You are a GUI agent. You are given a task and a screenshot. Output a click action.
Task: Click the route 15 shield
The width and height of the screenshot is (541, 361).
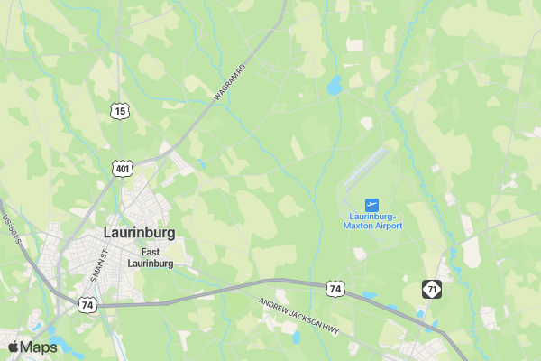click(x=121, y=111)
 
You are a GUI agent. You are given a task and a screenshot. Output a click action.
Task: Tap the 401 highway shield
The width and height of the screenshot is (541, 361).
click(x=122, y=168)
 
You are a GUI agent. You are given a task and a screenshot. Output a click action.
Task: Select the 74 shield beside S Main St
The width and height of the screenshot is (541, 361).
click(x=87, y=305)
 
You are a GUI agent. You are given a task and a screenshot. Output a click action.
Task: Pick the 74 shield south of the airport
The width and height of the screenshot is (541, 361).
click(x=335, y=289)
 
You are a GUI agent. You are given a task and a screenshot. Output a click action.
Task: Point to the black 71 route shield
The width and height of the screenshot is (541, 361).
click(x=432, y=289)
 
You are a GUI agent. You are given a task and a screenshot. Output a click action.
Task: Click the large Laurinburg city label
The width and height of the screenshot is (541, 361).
click(x=139, y=233)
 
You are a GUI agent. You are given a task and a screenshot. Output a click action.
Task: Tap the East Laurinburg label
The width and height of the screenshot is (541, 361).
click(x=150, y=257)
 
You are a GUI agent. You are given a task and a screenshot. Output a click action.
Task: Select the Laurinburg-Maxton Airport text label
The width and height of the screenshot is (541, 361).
click(x=372, y=220)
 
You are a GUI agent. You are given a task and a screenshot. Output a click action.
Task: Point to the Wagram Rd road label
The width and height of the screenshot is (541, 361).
click(x=231, y=81)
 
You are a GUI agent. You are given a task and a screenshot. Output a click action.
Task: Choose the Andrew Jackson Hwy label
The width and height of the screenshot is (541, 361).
click(x=298, y=314)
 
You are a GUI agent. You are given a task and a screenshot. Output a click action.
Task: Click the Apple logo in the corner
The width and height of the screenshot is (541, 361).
click(x=14, y=347)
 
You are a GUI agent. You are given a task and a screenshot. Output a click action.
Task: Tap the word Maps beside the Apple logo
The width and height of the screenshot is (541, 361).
click(x=40, y=347)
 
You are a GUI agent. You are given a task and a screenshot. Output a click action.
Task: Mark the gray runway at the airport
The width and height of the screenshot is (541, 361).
click(x=365, y=168)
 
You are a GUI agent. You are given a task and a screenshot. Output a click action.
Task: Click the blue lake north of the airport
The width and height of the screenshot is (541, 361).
click(x=335, y=86)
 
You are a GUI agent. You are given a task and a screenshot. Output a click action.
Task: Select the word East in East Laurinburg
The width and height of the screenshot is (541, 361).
click(x=150, y=252)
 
